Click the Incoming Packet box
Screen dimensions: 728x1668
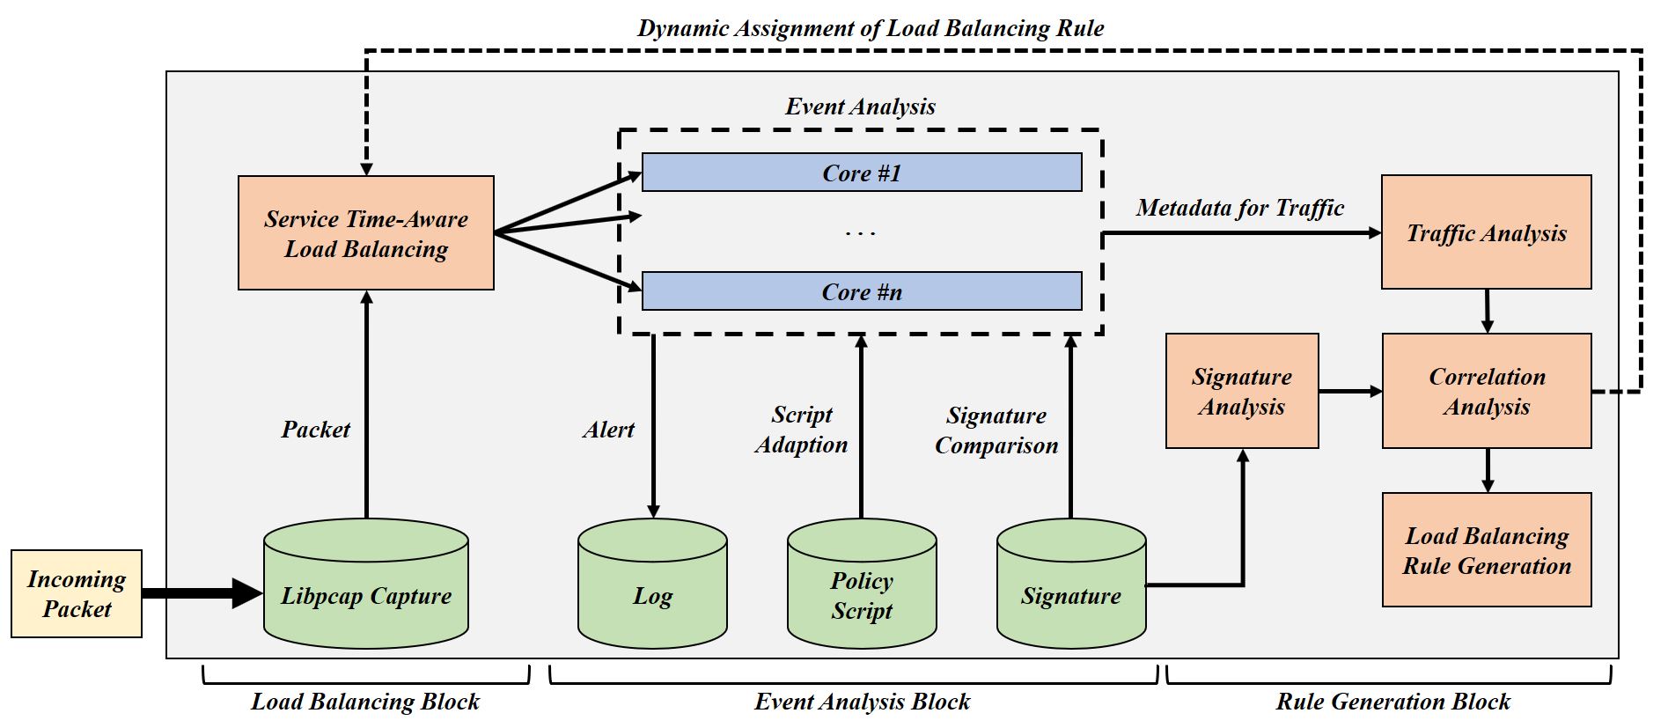click(x=77, y=593)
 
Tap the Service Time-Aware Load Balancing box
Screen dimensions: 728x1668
click(x=366, y=233)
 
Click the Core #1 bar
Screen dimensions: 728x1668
click(x=862, y=173)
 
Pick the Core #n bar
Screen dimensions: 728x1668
click(x=862, y=291)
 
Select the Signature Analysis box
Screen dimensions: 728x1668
click(x=1242, y=391)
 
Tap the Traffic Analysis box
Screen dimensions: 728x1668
click(x=1487, y=232)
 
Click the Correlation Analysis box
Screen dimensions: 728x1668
click(x=1487, y=391)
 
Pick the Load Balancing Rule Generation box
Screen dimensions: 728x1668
click(x=1487, y=550)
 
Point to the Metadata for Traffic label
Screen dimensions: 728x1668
click(x=1239, y=208)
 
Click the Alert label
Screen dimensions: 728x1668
click(x=608, y=430)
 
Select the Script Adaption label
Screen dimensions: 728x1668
click(x=801, y=430)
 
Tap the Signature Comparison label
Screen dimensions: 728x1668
click(x=996, y=430)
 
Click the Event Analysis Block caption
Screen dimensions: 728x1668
click(x=862, y=702)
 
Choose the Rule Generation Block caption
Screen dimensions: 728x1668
click(x=1392, y=702)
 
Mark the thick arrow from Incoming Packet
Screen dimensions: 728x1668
click(x=202, y=592)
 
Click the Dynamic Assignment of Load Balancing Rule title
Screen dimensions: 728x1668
click(x=871, y=28)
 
